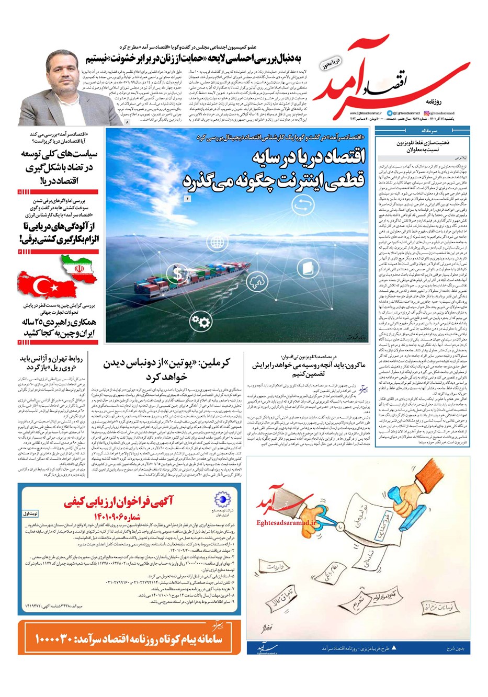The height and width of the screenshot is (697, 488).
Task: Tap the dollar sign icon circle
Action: click(179, 273)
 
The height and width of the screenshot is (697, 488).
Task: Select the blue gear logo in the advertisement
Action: click(222, 499)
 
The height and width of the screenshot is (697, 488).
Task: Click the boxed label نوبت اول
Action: click(31, 514)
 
